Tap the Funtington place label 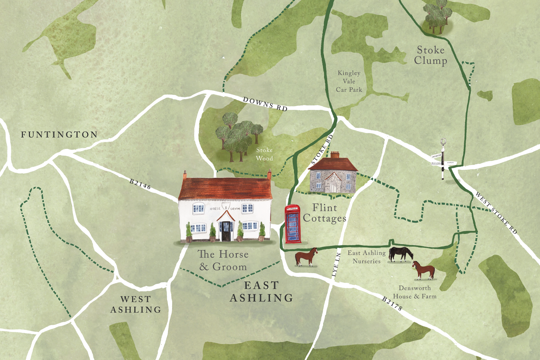coord(59,135)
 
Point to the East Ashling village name coord(262,292)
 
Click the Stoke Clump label coord(431,55)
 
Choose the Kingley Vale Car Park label coord(349,81)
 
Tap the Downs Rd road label coord(266,103)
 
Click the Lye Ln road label coord(335,267)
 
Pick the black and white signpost coord(443,159)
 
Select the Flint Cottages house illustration coord(332,175)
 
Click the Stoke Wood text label coord(264,154)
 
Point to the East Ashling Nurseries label coord(364,257)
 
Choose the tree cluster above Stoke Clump coord(436,16)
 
